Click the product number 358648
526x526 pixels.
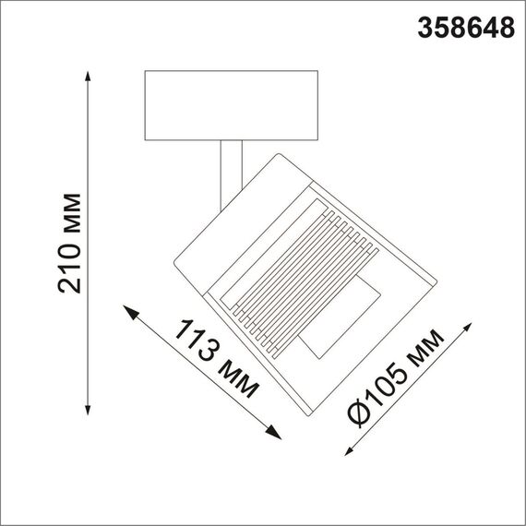(x=467, y=27)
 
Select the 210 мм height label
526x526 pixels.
(x=69, y=243)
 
